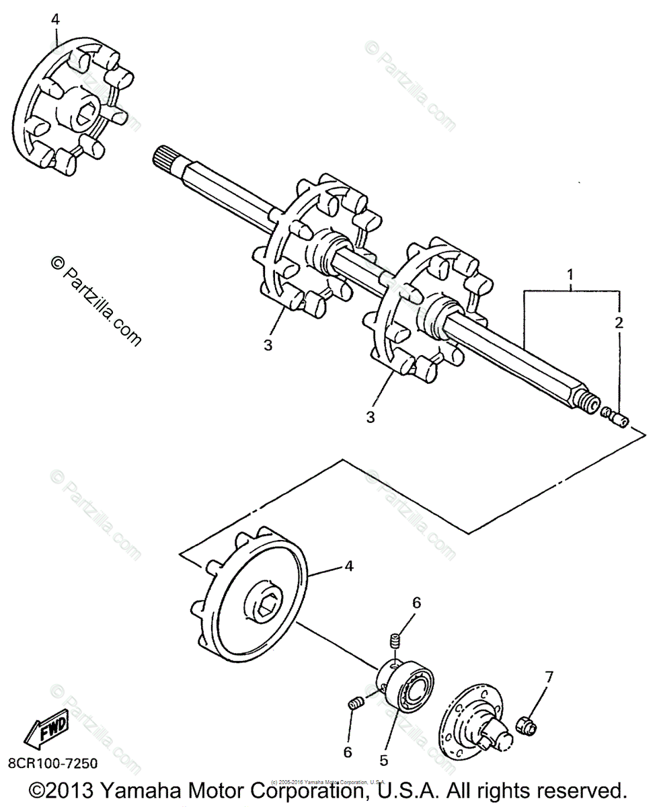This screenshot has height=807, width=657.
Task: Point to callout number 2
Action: tap(619, 322)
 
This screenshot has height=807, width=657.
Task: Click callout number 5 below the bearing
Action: tap(383, 761)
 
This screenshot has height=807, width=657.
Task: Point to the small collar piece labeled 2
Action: tap(615, 418)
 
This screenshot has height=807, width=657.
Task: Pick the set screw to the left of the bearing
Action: tap(356, 703)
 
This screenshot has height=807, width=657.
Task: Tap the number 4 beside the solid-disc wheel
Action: tap(348, 566)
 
